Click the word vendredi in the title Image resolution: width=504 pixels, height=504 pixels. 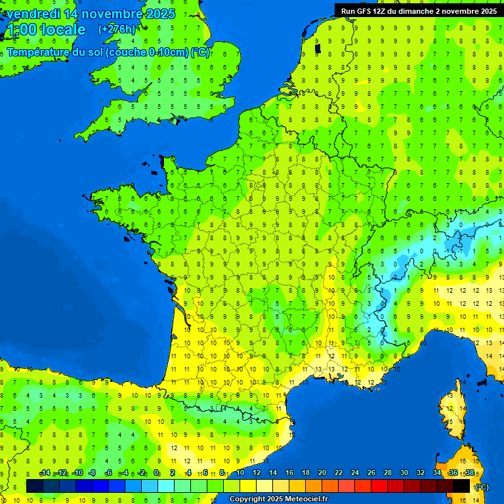click(33, 14)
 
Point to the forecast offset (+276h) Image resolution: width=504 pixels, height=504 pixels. click(117, 30)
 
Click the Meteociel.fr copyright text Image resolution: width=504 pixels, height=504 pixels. click(278, 499)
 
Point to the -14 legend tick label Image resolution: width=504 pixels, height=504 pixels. click(45, 473)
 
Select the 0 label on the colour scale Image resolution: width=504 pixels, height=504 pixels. click(157, 473)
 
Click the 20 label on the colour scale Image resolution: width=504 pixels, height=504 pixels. click(322, 473)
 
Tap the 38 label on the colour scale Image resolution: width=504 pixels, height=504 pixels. click(469, 473)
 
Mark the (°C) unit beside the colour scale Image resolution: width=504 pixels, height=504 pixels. click(482, 486)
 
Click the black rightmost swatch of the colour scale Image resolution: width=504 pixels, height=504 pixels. click(461, 486)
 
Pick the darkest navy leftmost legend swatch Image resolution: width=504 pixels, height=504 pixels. click(35, 486)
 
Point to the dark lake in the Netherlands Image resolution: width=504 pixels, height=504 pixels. click(317, 48)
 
